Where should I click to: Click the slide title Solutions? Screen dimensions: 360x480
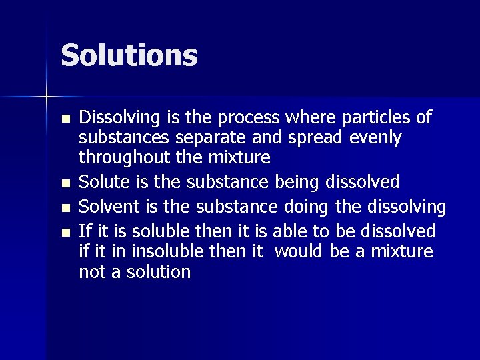[x=129, y=55]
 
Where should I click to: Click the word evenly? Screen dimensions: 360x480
[x=373, y=138]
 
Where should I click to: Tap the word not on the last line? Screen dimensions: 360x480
[x=91, y=272]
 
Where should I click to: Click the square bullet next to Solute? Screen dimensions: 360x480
[x=64, y=183]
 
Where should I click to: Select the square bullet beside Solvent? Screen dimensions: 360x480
[x=64, y=208]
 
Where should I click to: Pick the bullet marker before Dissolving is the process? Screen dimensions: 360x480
[x=64, y=119]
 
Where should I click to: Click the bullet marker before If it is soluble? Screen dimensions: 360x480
[x=64, y=233]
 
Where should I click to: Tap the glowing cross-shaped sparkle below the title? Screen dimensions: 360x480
[x=47, y=97]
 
